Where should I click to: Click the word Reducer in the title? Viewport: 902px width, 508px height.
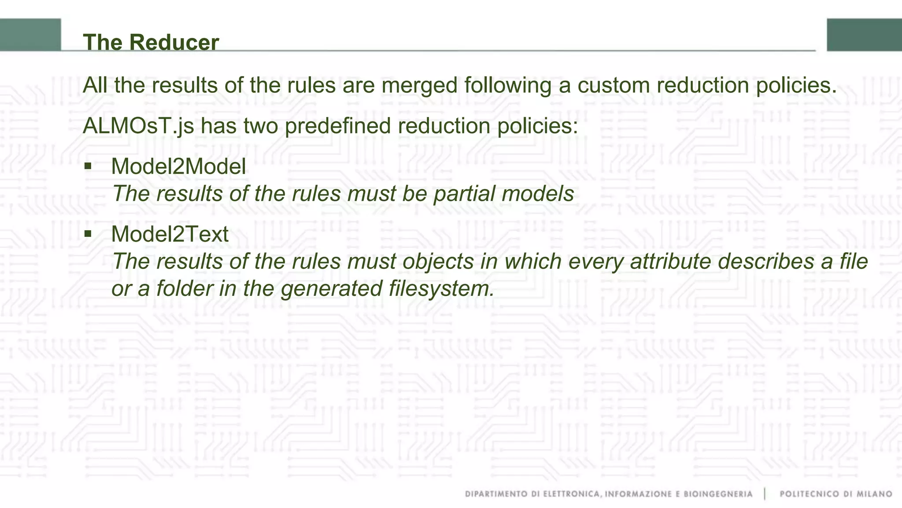[174, 43]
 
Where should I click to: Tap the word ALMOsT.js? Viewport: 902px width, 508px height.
[138, 126]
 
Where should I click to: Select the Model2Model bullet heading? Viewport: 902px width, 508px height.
[178, 167]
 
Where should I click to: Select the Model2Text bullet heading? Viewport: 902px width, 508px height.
[170, 234]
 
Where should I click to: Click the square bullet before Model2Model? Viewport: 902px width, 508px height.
[88, 166]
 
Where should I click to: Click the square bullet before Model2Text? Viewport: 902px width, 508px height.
[88, 233]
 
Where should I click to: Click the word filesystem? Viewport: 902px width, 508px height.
[441, 289]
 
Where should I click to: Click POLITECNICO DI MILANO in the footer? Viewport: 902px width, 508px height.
[835, 494]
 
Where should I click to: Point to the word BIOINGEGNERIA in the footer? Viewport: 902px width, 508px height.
[718, 494]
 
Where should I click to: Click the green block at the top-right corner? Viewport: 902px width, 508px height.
[864, 35]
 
